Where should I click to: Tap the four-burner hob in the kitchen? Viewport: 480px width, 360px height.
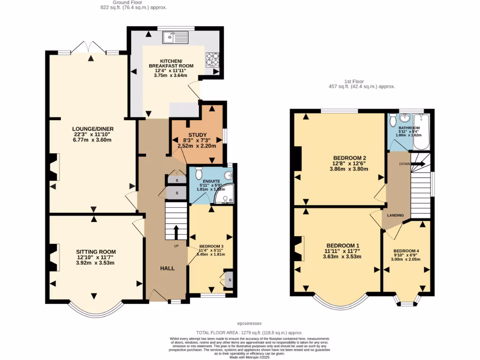click(x=212, y=60)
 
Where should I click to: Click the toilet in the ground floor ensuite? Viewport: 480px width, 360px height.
click(x=198, y=173)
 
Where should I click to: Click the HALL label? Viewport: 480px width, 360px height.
click(x=167, y=268)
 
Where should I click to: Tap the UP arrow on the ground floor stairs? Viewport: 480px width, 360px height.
click(x=176, y=233)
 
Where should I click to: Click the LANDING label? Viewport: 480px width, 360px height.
click(x=396, y=215)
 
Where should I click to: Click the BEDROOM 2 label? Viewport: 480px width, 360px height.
click(x=349, y=157)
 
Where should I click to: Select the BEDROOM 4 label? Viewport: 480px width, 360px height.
click(x=406, y=250)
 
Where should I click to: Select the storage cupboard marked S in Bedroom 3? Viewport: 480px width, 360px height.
click(x=229, y=279)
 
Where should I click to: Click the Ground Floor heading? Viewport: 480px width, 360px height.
click(x=134, y=2)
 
